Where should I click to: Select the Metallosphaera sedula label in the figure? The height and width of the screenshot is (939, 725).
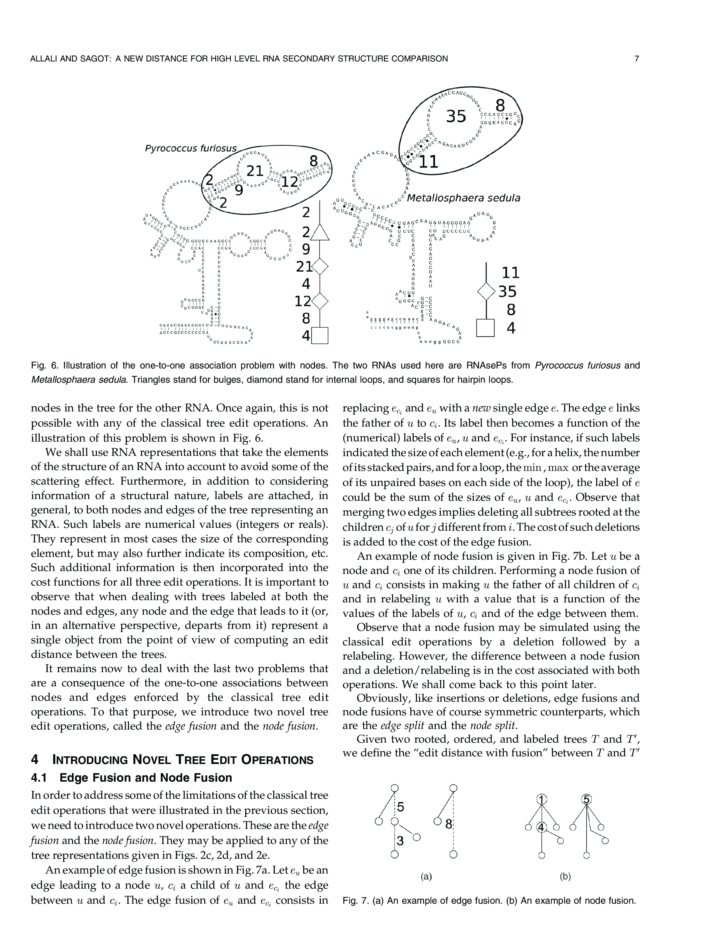click(463, 198)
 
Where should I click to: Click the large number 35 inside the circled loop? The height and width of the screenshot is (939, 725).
click(456, 116)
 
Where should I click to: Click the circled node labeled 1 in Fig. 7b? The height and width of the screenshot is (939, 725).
click(542, 799)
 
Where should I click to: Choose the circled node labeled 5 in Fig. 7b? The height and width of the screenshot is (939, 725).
click(586, 799)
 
